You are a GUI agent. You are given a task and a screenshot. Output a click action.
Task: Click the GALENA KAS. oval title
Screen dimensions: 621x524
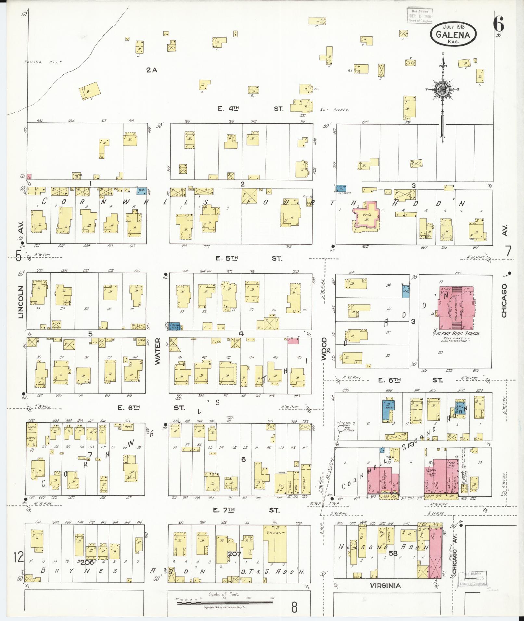pos(454,35)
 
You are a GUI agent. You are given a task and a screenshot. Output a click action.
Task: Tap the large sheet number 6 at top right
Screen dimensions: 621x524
pos(498,23)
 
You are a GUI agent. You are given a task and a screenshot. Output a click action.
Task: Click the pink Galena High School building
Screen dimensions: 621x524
pos(456,307)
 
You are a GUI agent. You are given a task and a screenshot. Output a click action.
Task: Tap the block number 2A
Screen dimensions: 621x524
pos(151,70)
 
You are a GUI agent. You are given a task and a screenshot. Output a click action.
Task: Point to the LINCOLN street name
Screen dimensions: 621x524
pos(21,302)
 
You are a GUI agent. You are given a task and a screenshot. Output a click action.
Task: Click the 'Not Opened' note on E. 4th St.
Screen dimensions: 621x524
pos(334,110)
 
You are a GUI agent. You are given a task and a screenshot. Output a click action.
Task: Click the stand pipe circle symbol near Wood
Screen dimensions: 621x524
pos(340,428)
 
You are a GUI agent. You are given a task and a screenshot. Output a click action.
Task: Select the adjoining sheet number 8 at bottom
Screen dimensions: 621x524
pos(294,607)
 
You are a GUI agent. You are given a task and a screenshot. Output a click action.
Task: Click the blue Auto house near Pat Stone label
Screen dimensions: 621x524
pos(341,188)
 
